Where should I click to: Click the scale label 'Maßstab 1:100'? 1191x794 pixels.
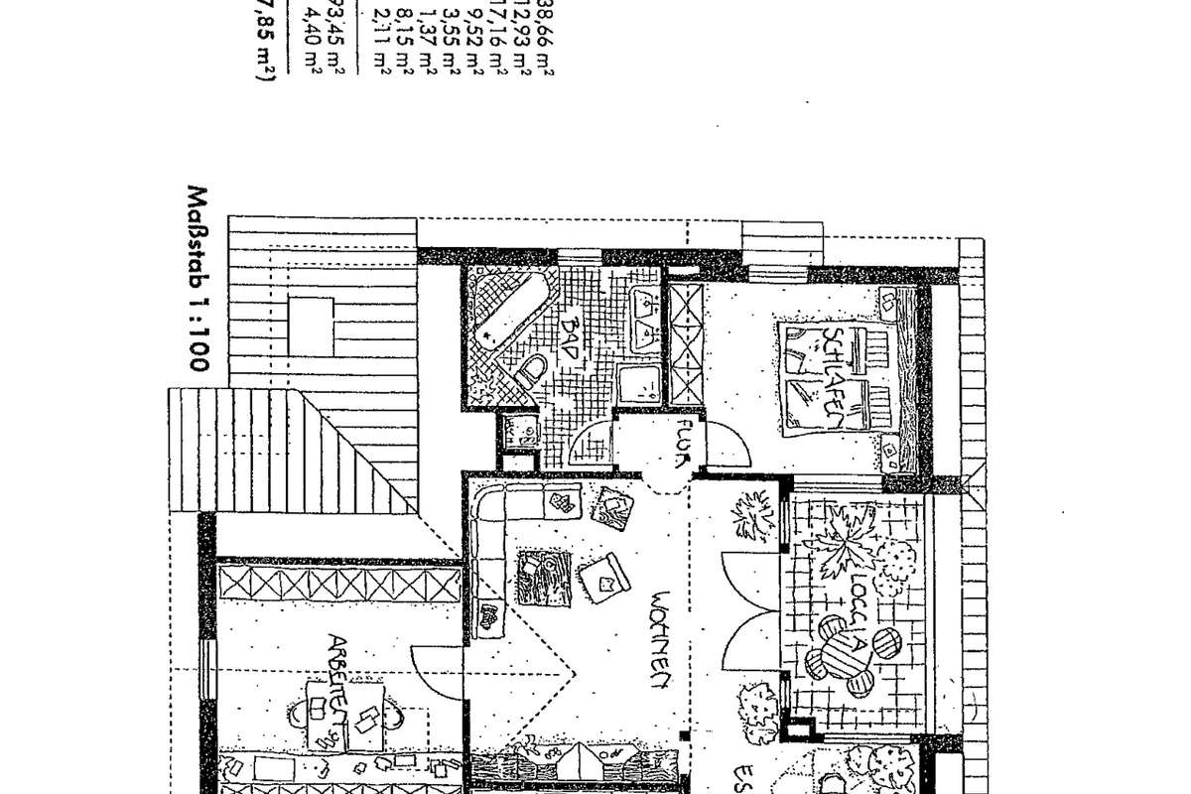198,279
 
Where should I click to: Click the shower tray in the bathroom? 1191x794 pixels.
639,383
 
